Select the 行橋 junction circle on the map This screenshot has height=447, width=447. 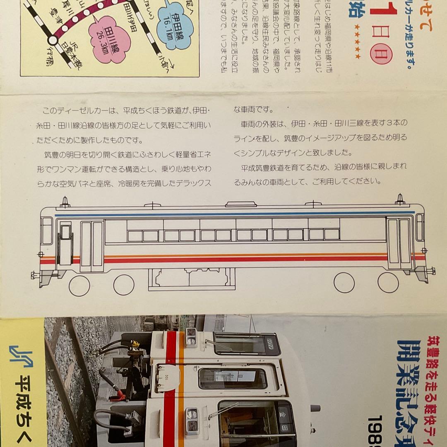point(53,40)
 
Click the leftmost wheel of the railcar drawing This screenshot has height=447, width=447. point(79,286)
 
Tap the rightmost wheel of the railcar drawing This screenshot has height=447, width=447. point(388,283)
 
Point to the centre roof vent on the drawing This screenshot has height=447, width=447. point(234,203)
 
